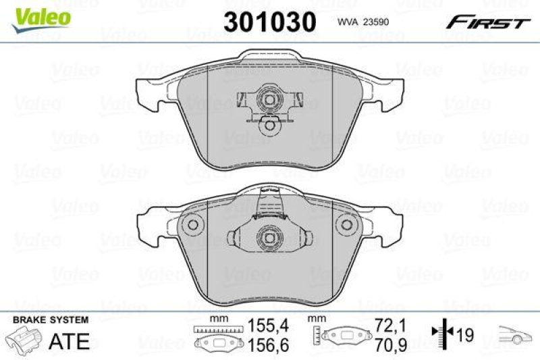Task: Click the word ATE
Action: [x=69, y=340]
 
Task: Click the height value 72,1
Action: [x=396, y=326]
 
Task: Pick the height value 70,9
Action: [x=396, y=344]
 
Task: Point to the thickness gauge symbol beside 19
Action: [x=441, y=334]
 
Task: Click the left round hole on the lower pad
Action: [x=192, y=226]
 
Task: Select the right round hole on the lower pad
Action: [x=348, y=226]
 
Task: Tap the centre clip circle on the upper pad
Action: [x=269, y=101]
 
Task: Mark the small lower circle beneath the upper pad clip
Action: [x=269, y=125]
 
